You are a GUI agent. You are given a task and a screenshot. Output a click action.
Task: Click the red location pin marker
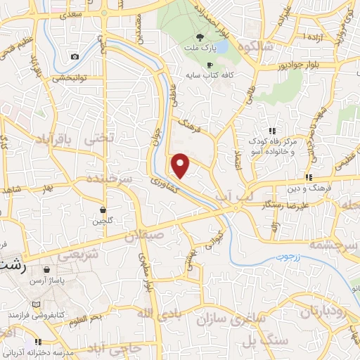coord(181,166)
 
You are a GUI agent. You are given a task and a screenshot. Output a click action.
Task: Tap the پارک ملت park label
coord(205,49)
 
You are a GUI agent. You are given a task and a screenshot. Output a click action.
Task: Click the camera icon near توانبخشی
coord(75,56)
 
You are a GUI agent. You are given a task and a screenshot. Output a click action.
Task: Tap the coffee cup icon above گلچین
coord(103,210)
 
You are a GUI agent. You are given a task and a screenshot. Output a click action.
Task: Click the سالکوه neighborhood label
coord(254,47)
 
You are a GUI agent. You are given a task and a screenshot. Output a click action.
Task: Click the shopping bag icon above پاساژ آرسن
coord(47,269)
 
